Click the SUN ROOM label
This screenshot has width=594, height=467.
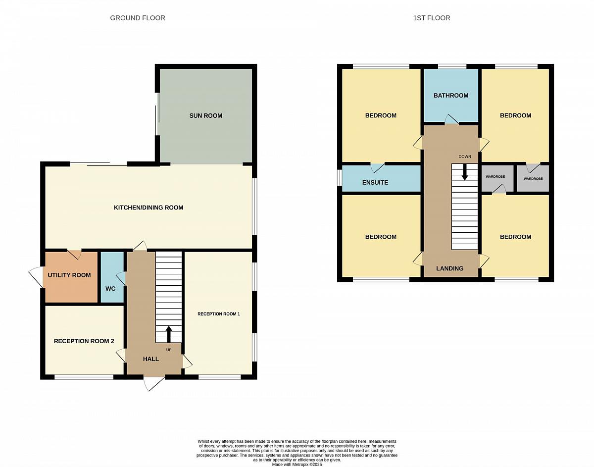[x=205, y=116]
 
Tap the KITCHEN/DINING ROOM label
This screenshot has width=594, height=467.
[x=148, y=208]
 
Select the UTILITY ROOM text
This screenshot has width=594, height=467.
[x=69, y=275]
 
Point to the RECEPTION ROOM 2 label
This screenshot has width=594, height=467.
[x=84, y=341]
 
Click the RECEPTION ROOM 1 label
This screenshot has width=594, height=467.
[x=219, y=314]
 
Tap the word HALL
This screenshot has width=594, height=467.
[x=151, y=359]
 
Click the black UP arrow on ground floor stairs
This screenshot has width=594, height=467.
[x=169, y=334]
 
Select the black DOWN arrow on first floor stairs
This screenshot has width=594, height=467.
[x=464, y=172]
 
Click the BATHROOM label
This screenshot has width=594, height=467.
[x=451, y=96]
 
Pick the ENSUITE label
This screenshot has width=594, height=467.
[x=375, y=182]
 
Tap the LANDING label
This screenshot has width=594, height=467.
[x=449, y=268]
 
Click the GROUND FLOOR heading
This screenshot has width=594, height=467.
[x=138, y=18]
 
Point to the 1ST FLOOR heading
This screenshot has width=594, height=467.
[x=431, y=18]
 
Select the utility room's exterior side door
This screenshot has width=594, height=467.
[x=36, y=277]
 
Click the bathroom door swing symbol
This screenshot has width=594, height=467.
[x=451, y=119]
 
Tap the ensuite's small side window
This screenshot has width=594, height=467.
[x=339, y=178]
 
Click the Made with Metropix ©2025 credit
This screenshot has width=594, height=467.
[x=297, y=464]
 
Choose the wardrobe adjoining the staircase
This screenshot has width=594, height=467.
[x=497, y=178]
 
